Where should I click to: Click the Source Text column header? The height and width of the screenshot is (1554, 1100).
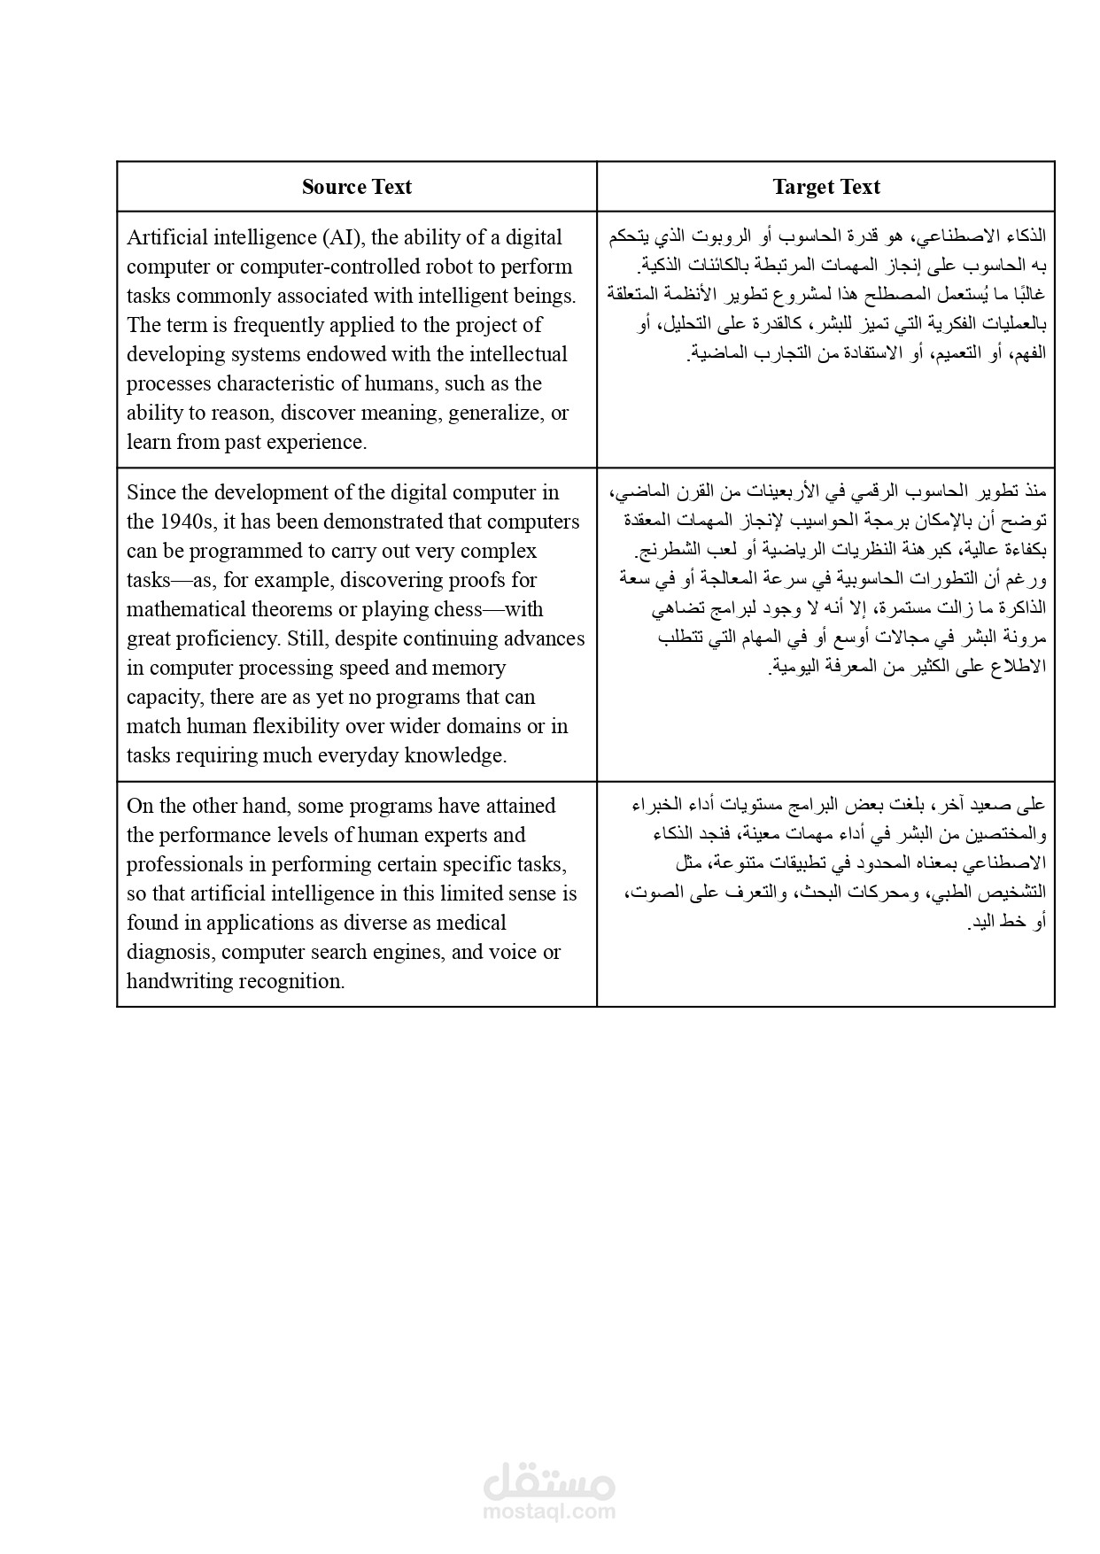click(x=356, y=187)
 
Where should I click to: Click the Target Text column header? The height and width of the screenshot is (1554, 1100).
click(x=825, y=187)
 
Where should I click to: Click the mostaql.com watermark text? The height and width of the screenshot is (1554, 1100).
click(x=549, y=1512)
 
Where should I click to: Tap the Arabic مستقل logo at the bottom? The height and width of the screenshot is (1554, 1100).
click(x=549, y=1481)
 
